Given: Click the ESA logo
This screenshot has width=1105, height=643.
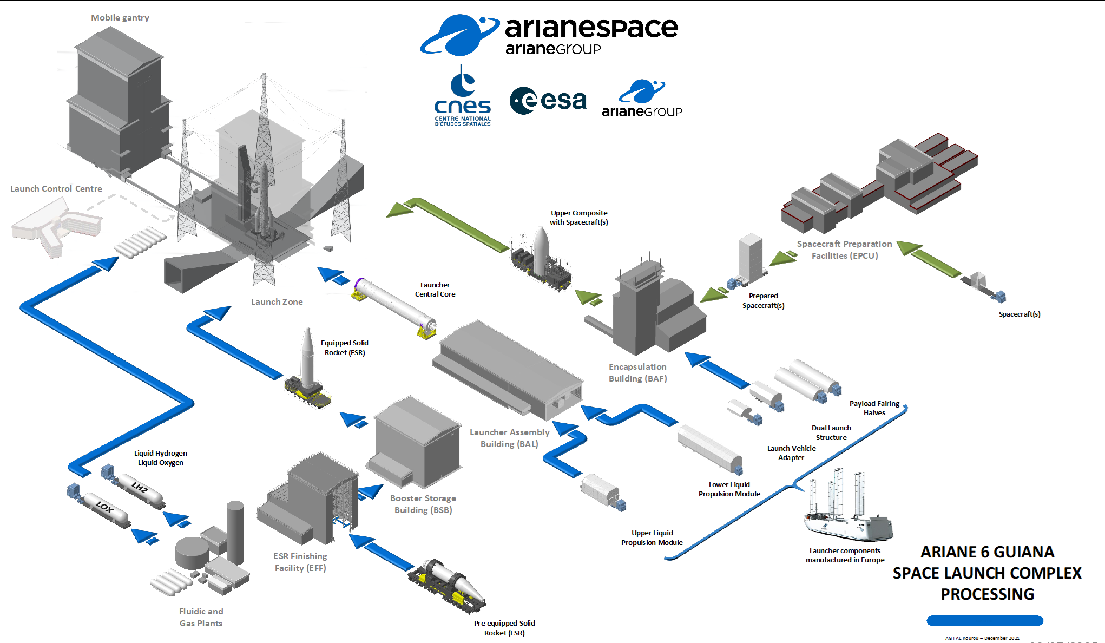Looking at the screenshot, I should (x=548, y=101).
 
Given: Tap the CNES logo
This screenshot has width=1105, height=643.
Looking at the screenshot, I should (x=463, y=97).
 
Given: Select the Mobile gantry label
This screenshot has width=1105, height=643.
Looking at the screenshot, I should (x=120, y=18).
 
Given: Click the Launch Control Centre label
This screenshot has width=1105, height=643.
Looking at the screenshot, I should (x=56, y=189).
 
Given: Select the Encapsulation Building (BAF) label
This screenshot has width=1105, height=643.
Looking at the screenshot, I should (x=638, y=373).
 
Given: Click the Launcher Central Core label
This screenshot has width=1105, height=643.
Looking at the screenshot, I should (x=435, y=290).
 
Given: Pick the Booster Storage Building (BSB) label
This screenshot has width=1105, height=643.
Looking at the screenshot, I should (x=423, y=504).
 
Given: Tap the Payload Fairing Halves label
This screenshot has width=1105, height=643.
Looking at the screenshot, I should (x=874, y=408).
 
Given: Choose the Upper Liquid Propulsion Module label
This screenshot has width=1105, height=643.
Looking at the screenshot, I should (x=652, y=538).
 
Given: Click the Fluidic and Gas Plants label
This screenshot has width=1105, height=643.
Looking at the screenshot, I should (x=201, y=618).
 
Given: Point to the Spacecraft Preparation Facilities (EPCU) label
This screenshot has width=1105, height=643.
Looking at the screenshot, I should (x=845, y=250).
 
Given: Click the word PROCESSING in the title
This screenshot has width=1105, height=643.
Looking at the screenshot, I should (x=988, y=594).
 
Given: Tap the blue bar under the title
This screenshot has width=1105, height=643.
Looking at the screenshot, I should (x=985, y=621).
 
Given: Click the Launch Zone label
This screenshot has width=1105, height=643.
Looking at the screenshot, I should (x=277, y=302).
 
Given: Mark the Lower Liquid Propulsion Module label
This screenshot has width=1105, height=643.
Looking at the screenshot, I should (x=729, y=489).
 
